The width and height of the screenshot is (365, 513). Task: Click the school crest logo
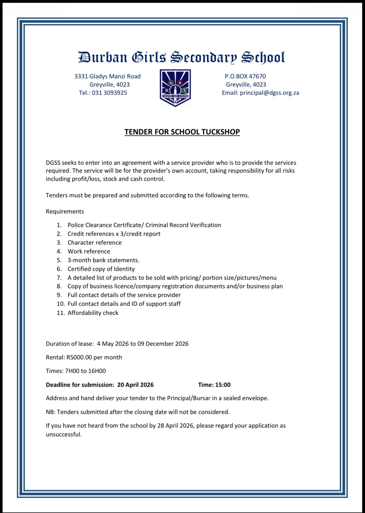pos(175,88)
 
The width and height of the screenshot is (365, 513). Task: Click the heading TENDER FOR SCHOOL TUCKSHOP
pos(182,132)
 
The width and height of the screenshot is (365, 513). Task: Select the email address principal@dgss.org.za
pos(269,93)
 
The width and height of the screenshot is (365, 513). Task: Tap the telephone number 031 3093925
pos(109,93)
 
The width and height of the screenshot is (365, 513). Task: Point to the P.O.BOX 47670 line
pos(245,76)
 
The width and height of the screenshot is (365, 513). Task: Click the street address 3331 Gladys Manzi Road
pos(108,76)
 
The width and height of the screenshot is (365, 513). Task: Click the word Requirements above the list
pos(65,211)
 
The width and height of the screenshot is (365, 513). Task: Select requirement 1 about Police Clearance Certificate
pos(144,225)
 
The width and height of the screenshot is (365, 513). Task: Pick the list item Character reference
pos(95,242)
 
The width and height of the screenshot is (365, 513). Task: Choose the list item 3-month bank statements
pos(103,260)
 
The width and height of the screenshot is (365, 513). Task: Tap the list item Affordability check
pos(93,313)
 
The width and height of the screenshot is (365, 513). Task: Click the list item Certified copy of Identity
pos(101,269)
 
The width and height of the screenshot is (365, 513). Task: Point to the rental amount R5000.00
pos(80,357)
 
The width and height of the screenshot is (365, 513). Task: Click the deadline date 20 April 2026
pos(136,385)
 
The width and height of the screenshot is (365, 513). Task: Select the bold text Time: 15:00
pos(214,385)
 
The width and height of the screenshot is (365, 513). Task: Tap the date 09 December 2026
pos(163,344)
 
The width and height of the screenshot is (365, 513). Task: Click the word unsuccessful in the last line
pos(64,434)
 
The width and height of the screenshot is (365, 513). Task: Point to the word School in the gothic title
pos(263,58)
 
